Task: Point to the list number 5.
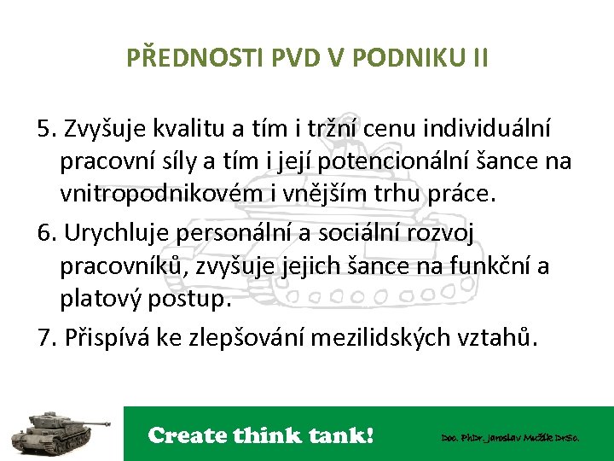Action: (45, 129)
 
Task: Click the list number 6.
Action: (45, 233)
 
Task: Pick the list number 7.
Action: (45, 337)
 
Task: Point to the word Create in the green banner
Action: (188, 435)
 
